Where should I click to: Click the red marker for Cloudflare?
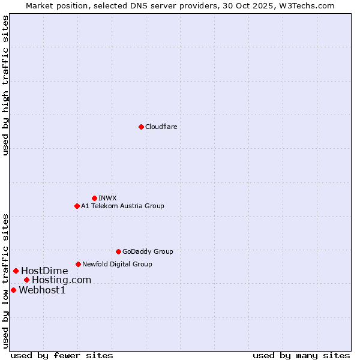pos(141,127)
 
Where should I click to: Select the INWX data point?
pos(94,198)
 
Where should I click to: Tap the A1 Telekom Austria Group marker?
pos(77,206)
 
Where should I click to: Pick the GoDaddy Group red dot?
pos(118,251)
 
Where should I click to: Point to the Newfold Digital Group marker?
pos(78,264)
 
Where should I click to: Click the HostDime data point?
pos(16,271)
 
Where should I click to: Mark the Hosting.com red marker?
pos(26,280)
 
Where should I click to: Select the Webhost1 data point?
pos(13,290)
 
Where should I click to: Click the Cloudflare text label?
pos(161,127)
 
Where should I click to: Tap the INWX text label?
pos(107,198)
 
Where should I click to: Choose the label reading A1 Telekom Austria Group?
pos(122,206)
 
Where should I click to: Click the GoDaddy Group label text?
pos(148,251)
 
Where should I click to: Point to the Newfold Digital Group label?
pos(117,264)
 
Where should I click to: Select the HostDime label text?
pos(44,271)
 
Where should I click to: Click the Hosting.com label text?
pos(61,280)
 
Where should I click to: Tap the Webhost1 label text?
pos(42,290)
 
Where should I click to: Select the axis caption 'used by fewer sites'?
pos(62,355)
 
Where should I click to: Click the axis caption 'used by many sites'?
pos(301,355)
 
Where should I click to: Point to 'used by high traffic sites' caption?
pos(5,85)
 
